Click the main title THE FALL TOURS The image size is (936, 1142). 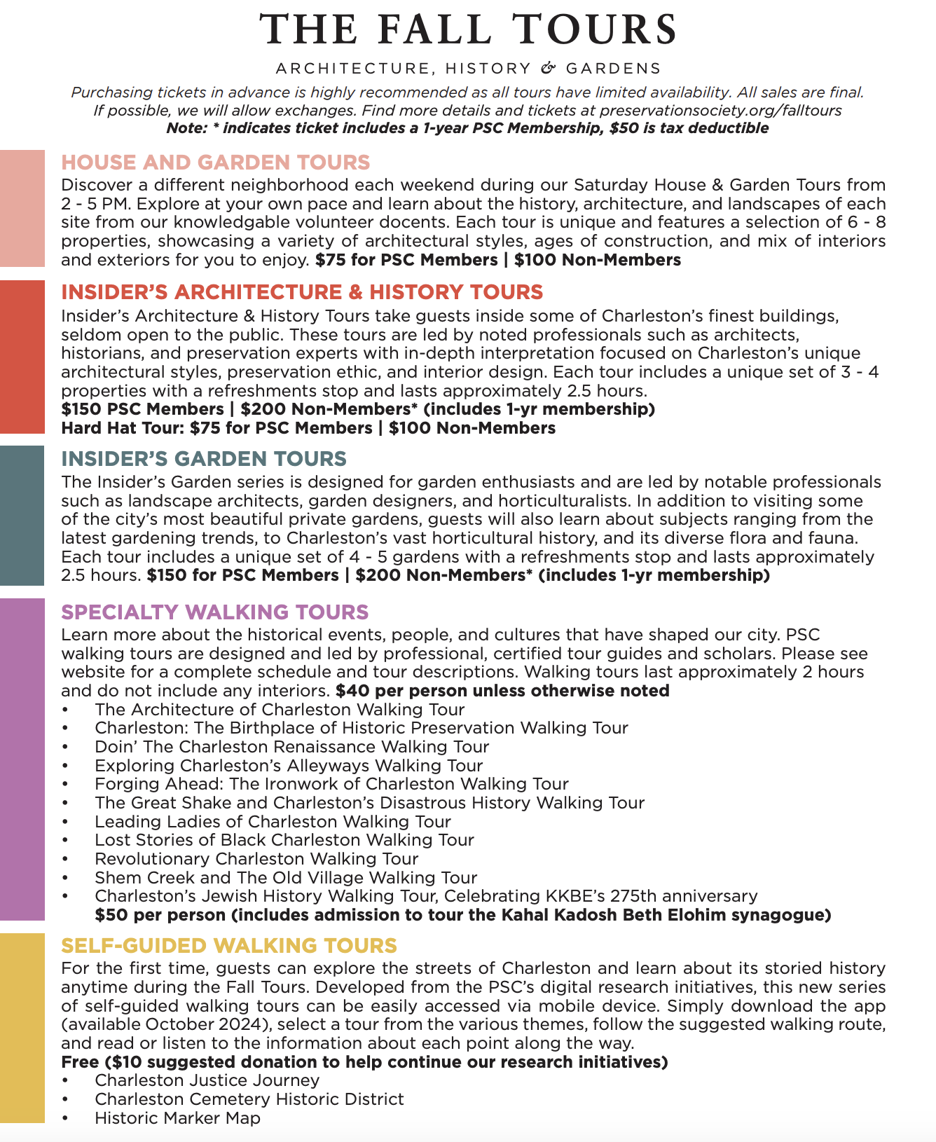[x=468, y=30]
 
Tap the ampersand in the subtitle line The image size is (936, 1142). [x=549, y=68]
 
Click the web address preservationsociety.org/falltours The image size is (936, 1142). [x=721, y=111]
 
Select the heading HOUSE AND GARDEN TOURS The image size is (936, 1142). [x=216, y=163]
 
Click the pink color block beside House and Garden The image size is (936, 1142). [x=22, y=208]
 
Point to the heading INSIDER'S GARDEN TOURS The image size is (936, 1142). [x=204, y=459]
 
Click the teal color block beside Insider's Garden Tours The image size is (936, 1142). [x=22, y=515]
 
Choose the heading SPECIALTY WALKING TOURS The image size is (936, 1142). [x=215, y=612]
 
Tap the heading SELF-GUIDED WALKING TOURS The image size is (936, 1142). [x=229, y=946]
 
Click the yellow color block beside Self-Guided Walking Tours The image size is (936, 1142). [x=22, y=1028]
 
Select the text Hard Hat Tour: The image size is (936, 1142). [x=123, y=428]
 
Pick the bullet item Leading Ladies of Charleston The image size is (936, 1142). [x=273, y=821]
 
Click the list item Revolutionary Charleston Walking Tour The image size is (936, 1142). [x=256, y=859]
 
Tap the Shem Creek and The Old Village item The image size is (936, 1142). [x=286, y=878]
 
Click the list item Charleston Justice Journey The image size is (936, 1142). [x=207, y=1080]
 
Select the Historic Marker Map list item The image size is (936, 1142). [x=178, y=1118]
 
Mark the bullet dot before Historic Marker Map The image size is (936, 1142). [x=65, y=1119]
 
